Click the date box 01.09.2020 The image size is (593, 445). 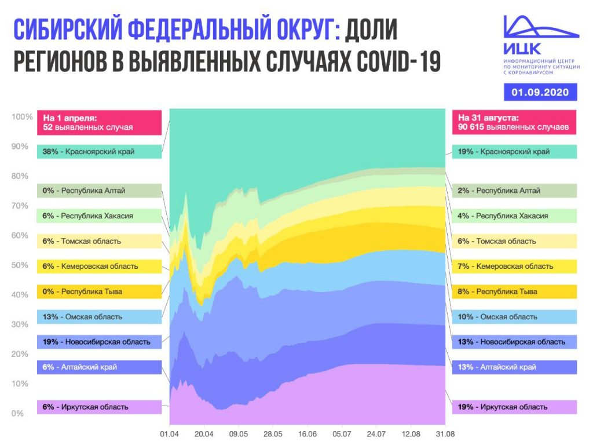tap(540, 92)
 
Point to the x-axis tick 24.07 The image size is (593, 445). tap(376, 433)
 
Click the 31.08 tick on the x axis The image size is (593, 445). tap(445, 433)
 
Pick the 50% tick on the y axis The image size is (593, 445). tap(19, 265)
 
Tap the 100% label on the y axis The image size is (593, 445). tap(19, 117)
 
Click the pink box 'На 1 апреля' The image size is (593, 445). tap(99, 122)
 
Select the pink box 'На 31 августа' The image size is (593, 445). tap(514, 122)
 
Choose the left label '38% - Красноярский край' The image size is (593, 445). tap(99, 152)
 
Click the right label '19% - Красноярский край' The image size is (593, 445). tap(514, 152)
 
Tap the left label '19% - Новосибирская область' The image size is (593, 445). tap(99, 341)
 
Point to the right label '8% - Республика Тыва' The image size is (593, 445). tap(514, 291)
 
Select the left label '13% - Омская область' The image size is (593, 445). tap(99, 316)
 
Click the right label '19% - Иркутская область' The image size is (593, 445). tap(514, 407)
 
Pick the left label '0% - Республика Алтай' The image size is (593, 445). tap(99, 190)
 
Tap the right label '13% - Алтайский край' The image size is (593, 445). tap(514, 367)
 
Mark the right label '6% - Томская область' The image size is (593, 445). tap(514, 241)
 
